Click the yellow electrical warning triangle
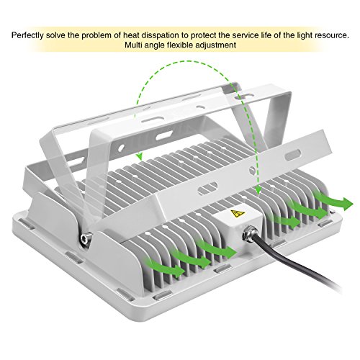pos(238,213)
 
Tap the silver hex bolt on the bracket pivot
pos(86,238)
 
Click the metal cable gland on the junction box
pos(250,233)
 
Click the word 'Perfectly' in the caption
pos(28,35)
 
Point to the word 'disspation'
pos(160,35)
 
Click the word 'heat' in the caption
pos(131,35)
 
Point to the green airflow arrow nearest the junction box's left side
pos(217,248)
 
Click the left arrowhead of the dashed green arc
pos(139,157)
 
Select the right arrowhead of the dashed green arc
pos(258,191)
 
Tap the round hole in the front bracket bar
pos(252,170)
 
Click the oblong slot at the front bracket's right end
pos(293,155)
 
